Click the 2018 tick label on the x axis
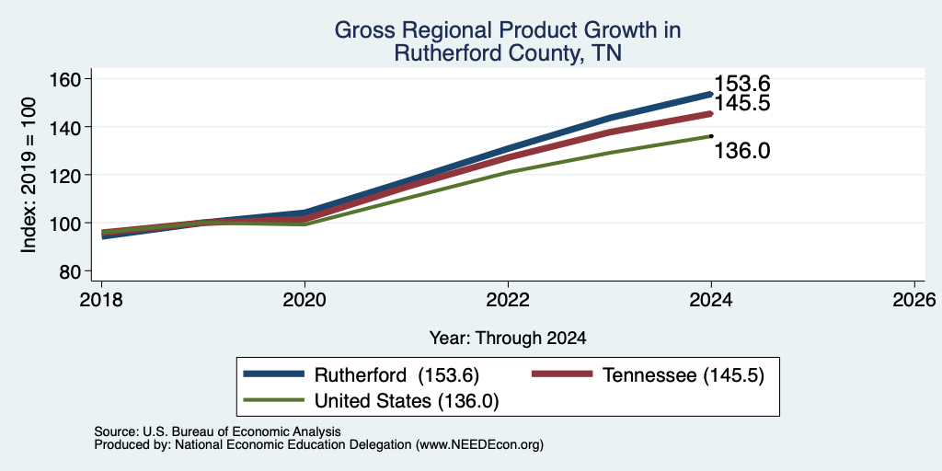pyautogui.click(x=101, y=300)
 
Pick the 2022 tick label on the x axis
pyautogui.click(x=508, y=300)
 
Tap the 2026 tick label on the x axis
pyautogui.click(x=914, y=300)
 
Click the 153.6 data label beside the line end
pyautogui.click(x=742, y=84)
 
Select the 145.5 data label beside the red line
pyautogui.click(x=742, y=103)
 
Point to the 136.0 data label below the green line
pyautogui.click(x=742, y=151)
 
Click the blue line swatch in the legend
pyautogui.click(x=274, y=374)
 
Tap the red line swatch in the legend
pyautogui.click(x=562, y=374)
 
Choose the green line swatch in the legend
pyautogui.click(x=274, y=399)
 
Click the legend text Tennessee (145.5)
pyautogui.click(x=684, y=375)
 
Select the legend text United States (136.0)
pyautogui.click(x=407, y=401)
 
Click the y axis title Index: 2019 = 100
pyautogui.click(x=29, y=175)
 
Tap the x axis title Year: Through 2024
pyautogui.click(x=508, y=339)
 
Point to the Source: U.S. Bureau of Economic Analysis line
pyautogui.click(x=217, y=431)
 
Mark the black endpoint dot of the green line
pyautogui.click(x=711, y=136)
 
